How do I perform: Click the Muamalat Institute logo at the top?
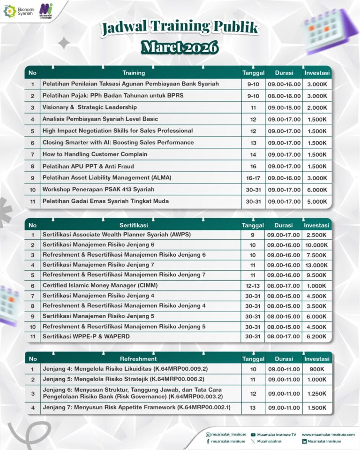pyautogui.click(x=46, y=10)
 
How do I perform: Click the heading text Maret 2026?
pyautogui.click(x=180, y=47)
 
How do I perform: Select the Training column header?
pyautogui.click(x=134, y=73)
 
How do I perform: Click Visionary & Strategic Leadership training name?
pyautogui.click(x=90, y=107)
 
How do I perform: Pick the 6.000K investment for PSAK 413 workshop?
pyautogui.click(x=317, y=190)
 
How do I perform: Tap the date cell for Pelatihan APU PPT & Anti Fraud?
pyautogui.click(x=253, y=166)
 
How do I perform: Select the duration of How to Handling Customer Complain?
pyautogui.click(x=284, y=154)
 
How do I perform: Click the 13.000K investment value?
pyautogui.click(x=317, y=265)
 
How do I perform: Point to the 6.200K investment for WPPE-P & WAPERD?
pyautogui.click(x=317, y=336)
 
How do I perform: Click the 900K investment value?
pyautogui.click(x=317, y=369)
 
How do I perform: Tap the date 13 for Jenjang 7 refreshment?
pyautogui.click(x=253, y=408)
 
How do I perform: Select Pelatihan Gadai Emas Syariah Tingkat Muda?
pyautogui.click(x=105, y=201)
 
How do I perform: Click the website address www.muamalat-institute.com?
pyautogui.click(x=328, y=435)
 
